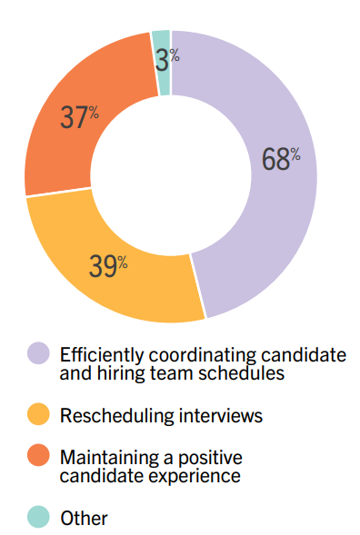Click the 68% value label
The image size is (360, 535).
point(281,158)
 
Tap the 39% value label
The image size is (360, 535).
point(108,265)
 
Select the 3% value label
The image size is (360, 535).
point(167,57)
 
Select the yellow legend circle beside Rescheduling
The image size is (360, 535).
point(38,415)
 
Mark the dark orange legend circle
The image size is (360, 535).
point(38,458)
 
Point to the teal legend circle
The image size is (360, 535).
point(38,518)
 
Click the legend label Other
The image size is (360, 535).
point(84,519)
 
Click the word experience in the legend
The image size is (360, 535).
point(185,474)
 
